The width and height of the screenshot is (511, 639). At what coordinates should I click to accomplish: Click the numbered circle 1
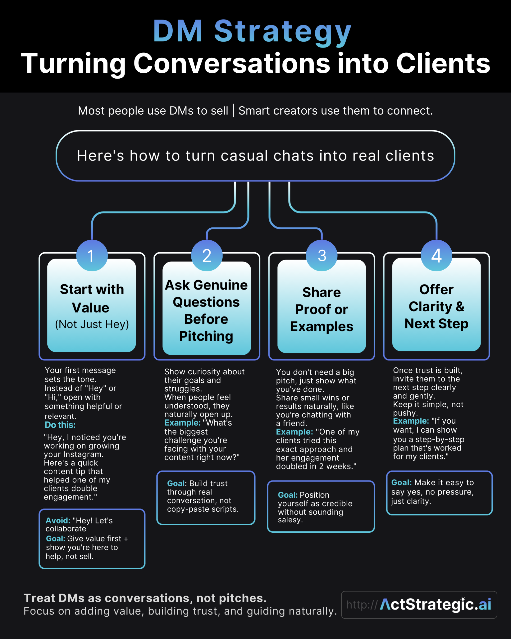(x=92, y=256)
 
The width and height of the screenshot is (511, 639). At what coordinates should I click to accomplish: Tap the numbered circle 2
(x=207, y=256)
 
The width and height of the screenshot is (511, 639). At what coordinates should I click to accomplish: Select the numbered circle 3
(x=322, y=256)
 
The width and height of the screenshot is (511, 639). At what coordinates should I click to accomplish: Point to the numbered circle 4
(x=437, y=256)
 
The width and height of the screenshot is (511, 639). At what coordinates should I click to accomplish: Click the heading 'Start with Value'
(x=92, y=299)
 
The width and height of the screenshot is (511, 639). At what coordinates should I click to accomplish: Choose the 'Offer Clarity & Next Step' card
(x=436, y=307)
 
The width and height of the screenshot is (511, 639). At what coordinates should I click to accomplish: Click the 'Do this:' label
(x=60, y=425)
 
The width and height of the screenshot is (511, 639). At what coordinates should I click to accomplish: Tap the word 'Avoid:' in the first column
(x=58, y=520)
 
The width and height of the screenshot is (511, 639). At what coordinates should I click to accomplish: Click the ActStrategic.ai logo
(x=435, y=605)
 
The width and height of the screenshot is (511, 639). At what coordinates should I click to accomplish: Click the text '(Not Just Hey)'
(x=92, y=324)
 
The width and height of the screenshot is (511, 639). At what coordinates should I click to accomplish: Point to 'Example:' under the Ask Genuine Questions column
(x=182, y=423)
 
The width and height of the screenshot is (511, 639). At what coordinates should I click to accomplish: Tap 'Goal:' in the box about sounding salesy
(x=288, y=495)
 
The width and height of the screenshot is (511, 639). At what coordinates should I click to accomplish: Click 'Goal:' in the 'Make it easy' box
(x=401, y=482)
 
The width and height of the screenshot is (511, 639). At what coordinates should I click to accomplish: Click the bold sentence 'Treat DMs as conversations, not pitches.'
(x=145, y=598)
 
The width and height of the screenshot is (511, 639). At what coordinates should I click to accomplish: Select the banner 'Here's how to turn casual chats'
(x=255, y=156)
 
